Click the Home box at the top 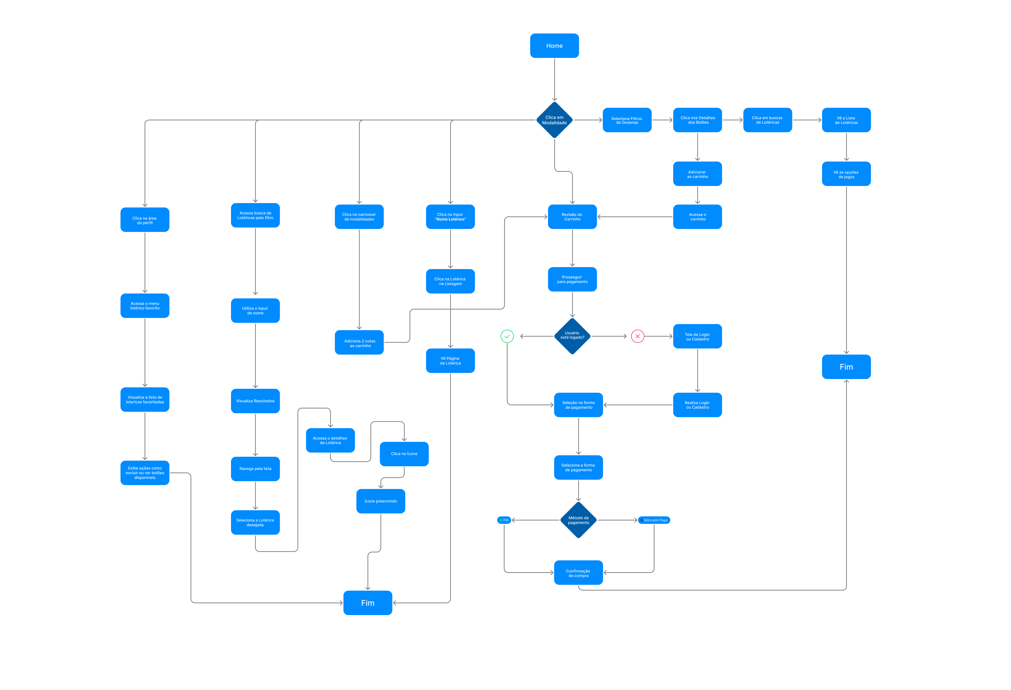tap(554, 46)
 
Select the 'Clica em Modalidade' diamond tap(554, 120)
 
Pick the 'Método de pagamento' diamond tap(578, 520)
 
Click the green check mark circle tap(507, 336)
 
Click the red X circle tap(637, 336)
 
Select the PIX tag tap(504, 520)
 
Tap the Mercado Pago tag tap(654, 520)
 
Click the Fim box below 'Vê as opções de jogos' tap(846, 367)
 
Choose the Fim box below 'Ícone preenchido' tap(368, 603)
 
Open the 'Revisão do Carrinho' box tap(572, 216)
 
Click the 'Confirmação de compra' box tap(578, 573)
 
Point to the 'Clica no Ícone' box tap(404, 453)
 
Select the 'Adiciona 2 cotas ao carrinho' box tap(359, 343)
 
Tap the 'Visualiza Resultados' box tap(255, 401)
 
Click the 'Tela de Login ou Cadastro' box tap(697, 336)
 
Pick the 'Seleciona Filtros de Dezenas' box tap(627, 120)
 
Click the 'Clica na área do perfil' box tap(145, 220)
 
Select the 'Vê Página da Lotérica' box tap(450, 360)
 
